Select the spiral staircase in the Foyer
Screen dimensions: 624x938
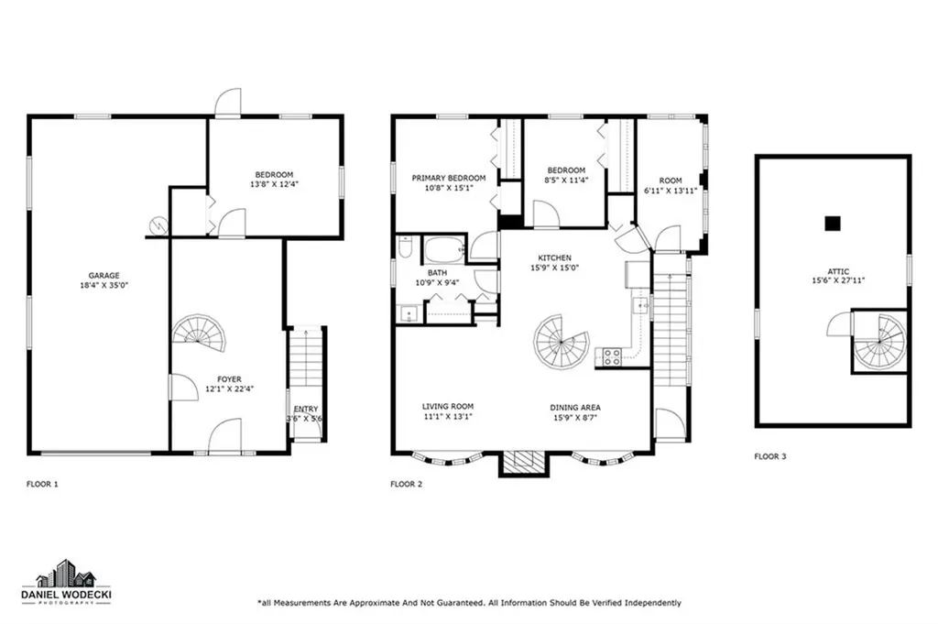(201, 334)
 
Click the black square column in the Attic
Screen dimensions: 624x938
(832, 223)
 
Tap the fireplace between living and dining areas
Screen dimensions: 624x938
(521, 462)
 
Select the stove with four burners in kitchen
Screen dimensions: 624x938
(610, 357)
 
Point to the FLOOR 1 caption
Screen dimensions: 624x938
(43, 484)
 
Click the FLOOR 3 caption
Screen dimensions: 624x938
(770, 455)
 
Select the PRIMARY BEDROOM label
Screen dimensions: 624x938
(448, 179)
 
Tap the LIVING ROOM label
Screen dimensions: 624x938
(448, 407)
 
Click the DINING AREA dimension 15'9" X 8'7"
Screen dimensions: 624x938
(575, 418)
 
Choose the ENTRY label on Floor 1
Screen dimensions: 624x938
(306, 410)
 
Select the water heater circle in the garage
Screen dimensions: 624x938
(159, 224)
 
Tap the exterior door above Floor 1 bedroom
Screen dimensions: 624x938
(228, 103)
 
